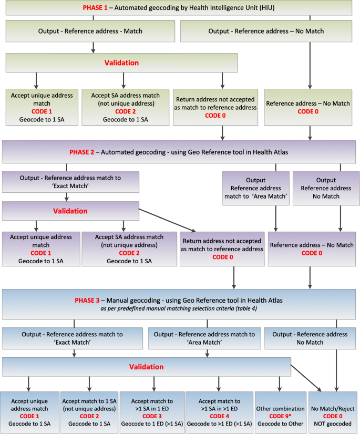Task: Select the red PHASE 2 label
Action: pyautogui.click(x=81, y=152)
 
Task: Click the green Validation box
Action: pyautogui.click(x=121, y=63)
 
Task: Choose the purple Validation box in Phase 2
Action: pyautogui.click(x=70, y=211)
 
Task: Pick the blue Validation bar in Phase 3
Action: pyautogui.click(x=147, y=367)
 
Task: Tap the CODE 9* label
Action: pyautogui.click(x=280, y=416)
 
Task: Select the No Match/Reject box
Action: pyautogui.click(x=333, y=412)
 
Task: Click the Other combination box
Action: pyautogui.click(x=280, y=412)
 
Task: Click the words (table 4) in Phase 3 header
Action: pyautogui.click(x=244, y=309)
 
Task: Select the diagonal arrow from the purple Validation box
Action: pyautogui.click(x=167, y=220)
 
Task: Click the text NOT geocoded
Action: pyautogui.click(x=333, y=423)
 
